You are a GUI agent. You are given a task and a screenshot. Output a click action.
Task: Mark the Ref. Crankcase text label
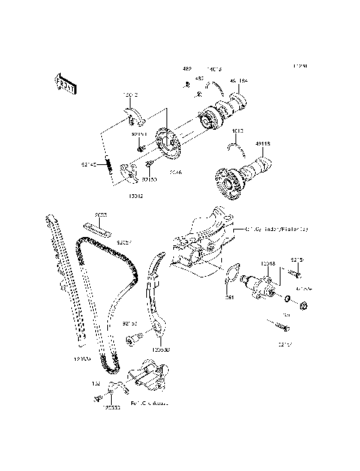pyautogui.click(x=149, y=403)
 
